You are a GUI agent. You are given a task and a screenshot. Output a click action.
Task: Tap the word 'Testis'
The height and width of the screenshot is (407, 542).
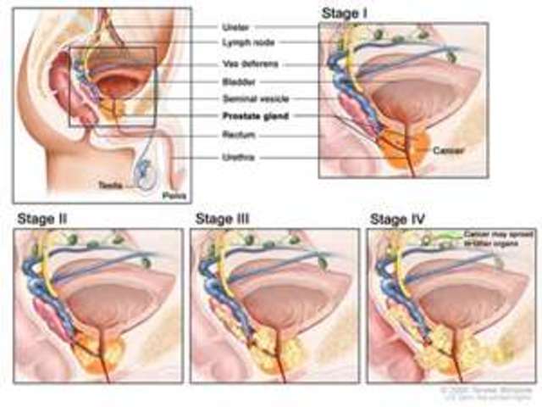[x=113, y=183]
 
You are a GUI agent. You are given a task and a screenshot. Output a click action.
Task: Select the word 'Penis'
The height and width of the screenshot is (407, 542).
[x=171, y=194]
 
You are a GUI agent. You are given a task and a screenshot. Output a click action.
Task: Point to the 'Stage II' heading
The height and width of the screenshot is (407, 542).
[x=41, y=219]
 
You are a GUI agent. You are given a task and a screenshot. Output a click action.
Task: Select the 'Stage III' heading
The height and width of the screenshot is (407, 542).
[x=221, y=219]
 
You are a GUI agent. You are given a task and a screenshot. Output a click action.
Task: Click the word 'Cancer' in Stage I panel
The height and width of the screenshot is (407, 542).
[x=447, y=149]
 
